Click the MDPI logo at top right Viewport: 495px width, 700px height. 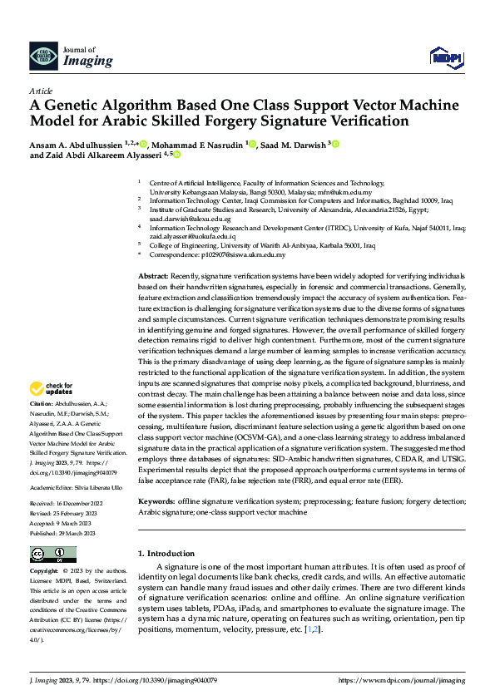click(445, 57)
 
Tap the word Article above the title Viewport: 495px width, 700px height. click(40, 91)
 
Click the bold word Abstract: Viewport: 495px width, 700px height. click(153, 275)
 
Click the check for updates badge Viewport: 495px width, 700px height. click(51, 388)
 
